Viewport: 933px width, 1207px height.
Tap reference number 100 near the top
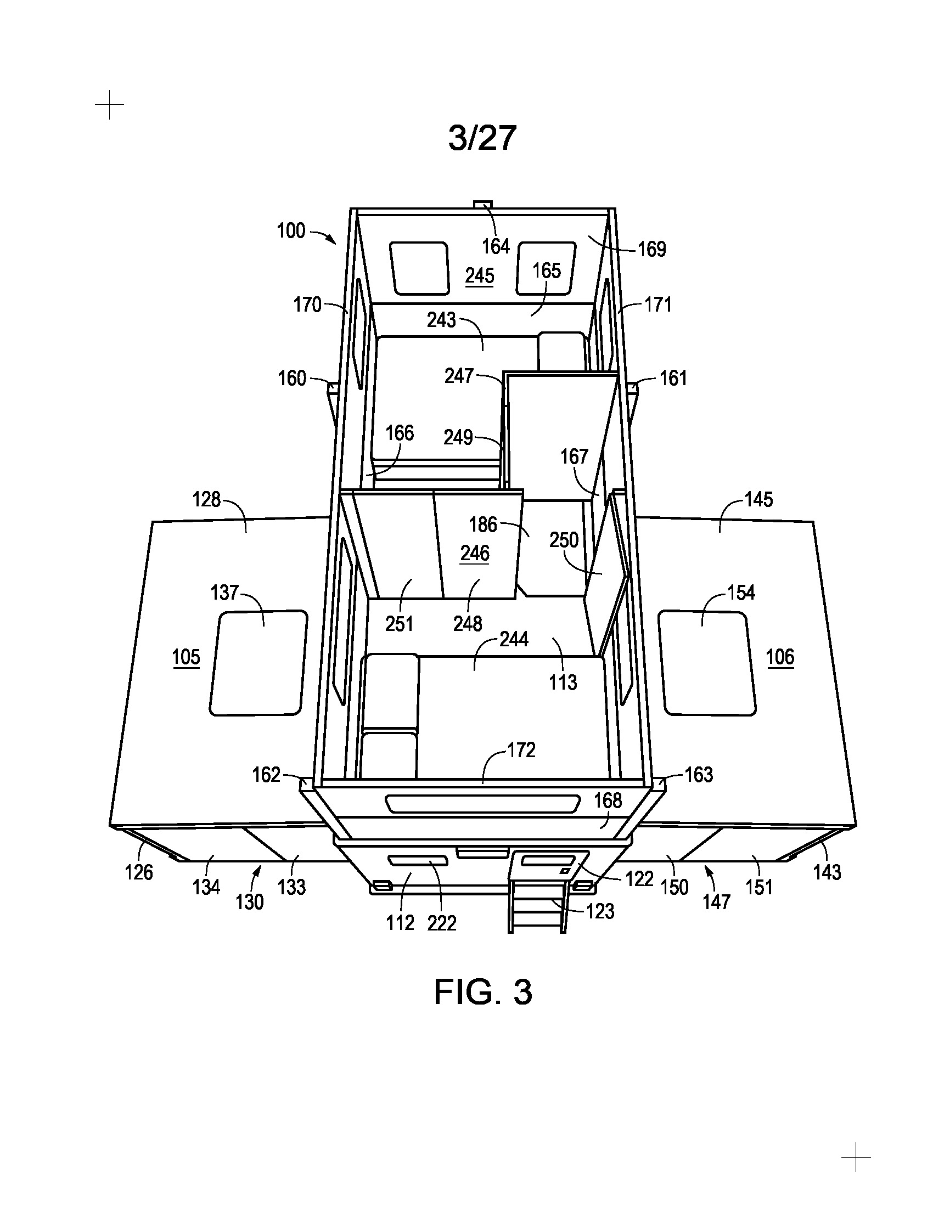(291, 230)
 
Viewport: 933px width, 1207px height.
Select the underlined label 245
(479, 275)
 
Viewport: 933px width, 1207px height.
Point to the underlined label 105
(186, 657)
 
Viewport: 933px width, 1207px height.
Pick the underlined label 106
(780, 657)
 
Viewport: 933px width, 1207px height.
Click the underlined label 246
(475, 552)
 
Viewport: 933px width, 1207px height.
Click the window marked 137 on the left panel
(258, 663)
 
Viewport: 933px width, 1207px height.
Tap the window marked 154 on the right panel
(707, 663)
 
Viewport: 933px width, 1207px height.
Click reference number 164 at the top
(496, 246)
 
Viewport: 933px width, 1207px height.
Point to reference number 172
(521, 750)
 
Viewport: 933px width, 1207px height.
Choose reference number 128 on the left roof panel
(206, 500)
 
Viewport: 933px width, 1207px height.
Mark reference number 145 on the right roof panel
(758, 500)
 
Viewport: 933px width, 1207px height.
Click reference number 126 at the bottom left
(138, 873)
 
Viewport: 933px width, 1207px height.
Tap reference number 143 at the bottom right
(827, 873)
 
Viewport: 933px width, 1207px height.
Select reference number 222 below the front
(442, 923)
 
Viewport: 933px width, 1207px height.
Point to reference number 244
(514, 639)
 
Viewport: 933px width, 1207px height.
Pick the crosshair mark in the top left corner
(109, 104)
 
